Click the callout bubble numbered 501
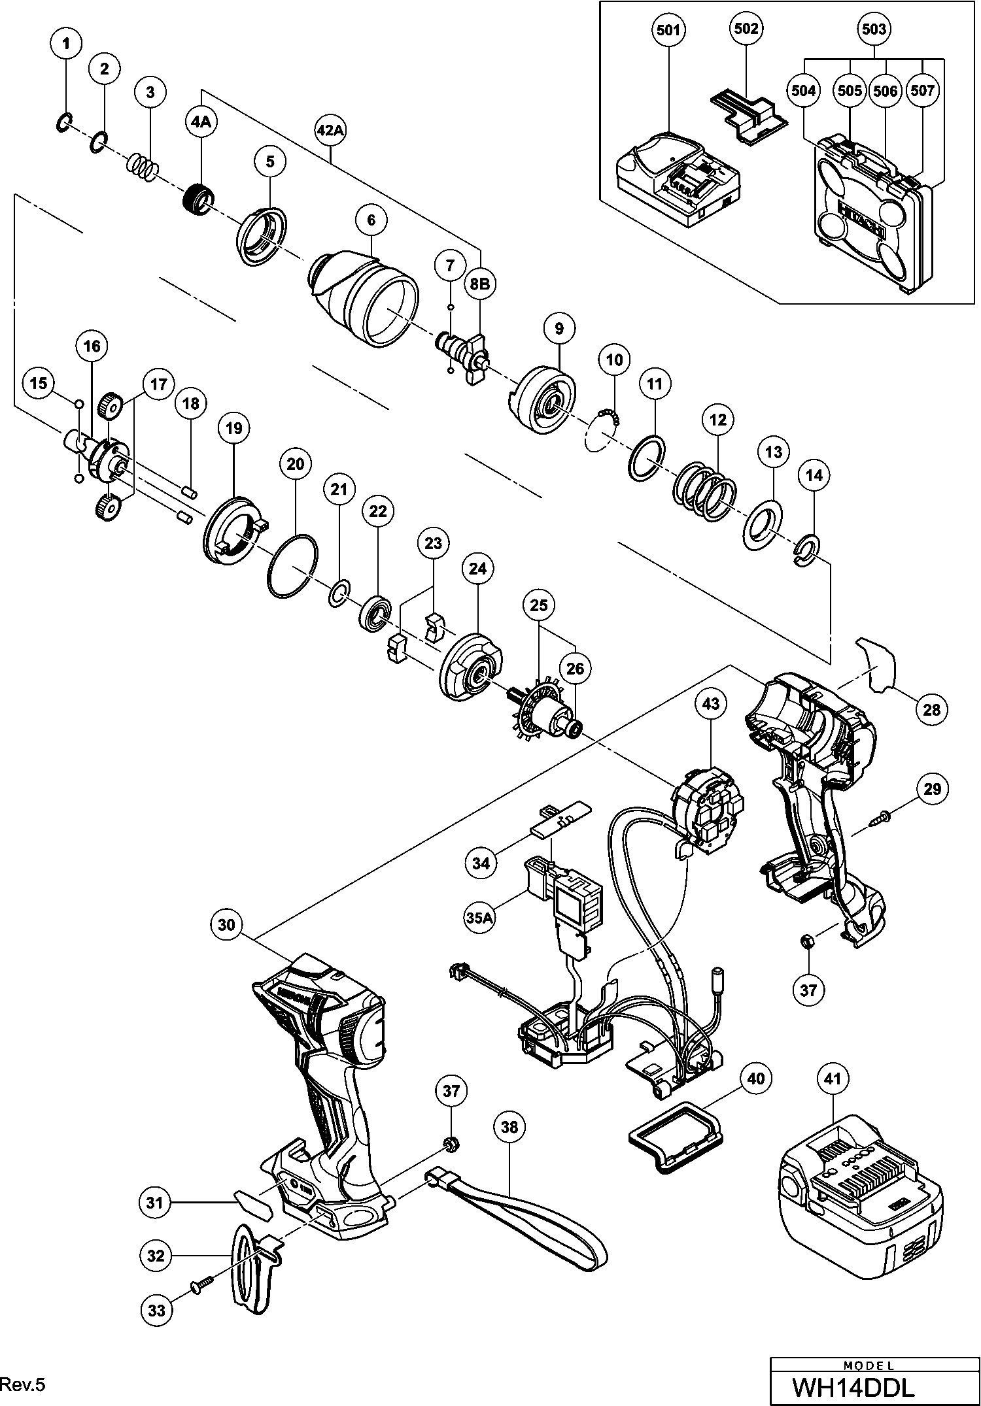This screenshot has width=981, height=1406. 668,30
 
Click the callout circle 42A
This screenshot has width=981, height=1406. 330,130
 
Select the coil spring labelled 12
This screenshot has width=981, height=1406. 706,493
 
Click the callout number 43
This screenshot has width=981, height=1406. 711,704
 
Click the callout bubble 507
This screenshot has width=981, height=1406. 922,90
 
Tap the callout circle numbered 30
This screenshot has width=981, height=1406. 226,924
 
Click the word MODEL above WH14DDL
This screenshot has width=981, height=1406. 869,1365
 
